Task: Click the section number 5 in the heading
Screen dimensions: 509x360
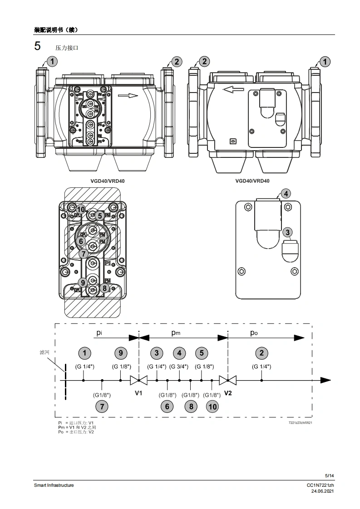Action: coord(38,46)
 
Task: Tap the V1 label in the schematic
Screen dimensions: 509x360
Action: coord(138,393)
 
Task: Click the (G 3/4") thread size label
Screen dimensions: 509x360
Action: coord(179,367)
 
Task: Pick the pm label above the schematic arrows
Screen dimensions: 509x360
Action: coord(176,333)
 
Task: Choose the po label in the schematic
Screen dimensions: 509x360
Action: coord(254,333)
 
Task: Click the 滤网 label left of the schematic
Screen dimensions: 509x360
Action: coord(44,352)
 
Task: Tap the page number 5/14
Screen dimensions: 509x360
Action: coord(330,475)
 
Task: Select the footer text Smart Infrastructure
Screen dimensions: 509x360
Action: coord(54,485)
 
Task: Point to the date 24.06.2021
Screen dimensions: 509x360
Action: coord(322,491)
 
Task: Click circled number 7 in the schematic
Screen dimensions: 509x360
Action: coord(102,406)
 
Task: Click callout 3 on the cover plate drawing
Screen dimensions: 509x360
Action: coord(287,232)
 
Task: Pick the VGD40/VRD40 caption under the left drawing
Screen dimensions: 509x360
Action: coord(107,181)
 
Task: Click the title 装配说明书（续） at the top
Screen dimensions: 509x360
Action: coord(56,30)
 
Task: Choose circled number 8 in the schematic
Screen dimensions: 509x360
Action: coord(191,406)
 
